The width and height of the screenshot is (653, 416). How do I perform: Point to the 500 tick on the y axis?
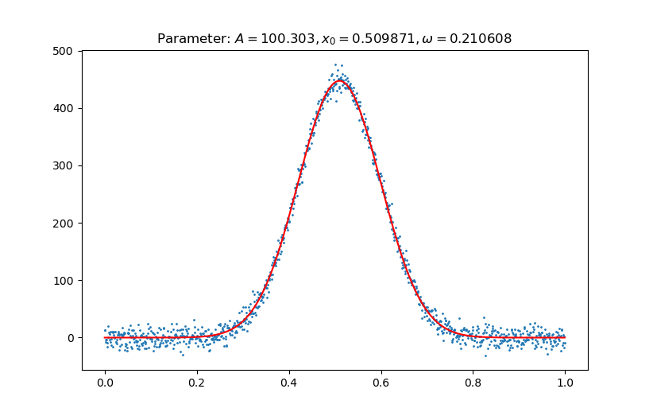(64, 51)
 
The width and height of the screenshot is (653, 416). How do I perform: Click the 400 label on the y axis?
(64, 108)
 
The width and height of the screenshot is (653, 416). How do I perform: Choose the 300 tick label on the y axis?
(64, 165)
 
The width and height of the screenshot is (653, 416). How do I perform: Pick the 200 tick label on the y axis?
(64, 223)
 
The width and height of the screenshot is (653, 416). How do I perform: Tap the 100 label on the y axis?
(64, 280)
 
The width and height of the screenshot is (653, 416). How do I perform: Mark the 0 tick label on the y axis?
(70, 337)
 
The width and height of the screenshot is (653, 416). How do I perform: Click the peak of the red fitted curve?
(339, 81)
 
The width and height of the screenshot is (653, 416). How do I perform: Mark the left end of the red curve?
(105, 337)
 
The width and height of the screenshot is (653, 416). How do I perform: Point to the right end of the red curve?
(565, 337)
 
